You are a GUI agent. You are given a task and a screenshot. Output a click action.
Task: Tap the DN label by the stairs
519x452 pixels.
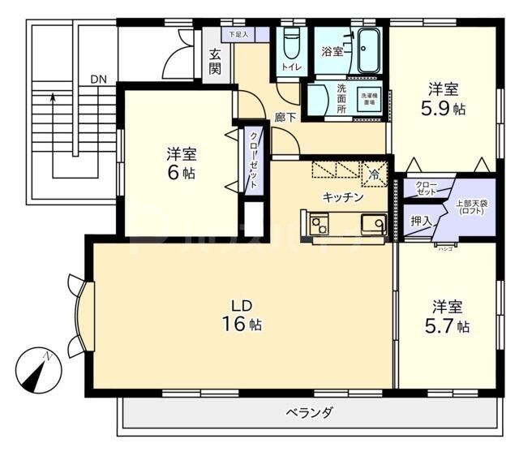tap(98, 79)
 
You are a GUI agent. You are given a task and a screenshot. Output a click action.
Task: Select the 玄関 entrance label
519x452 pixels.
tap(215, 62)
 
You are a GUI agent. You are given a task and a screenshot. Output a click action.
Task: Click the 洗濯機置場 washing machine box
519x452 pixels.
tap(369, 98)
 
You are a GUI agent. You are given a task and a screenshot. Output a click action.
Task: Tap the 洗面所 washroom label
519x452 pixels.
tap(341, 97)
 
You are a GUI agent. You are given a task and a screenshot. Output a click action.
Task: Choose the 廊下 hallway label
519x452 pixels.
tap(285, 117)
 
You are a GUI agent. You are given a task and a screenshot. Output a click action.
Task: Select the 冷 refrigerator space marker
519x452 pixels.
tap(375, 173)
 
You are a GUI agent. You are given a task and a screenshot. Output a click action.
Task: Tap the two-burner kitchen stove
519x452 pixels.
tap(318, 223)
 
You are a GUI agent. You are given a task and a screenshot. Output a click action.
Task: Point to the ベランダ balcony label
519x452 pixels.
tap(309, 412)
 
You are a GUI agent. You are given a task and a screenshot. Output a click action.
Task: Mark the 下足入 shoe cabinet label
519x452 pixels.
tap(237, 35)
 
